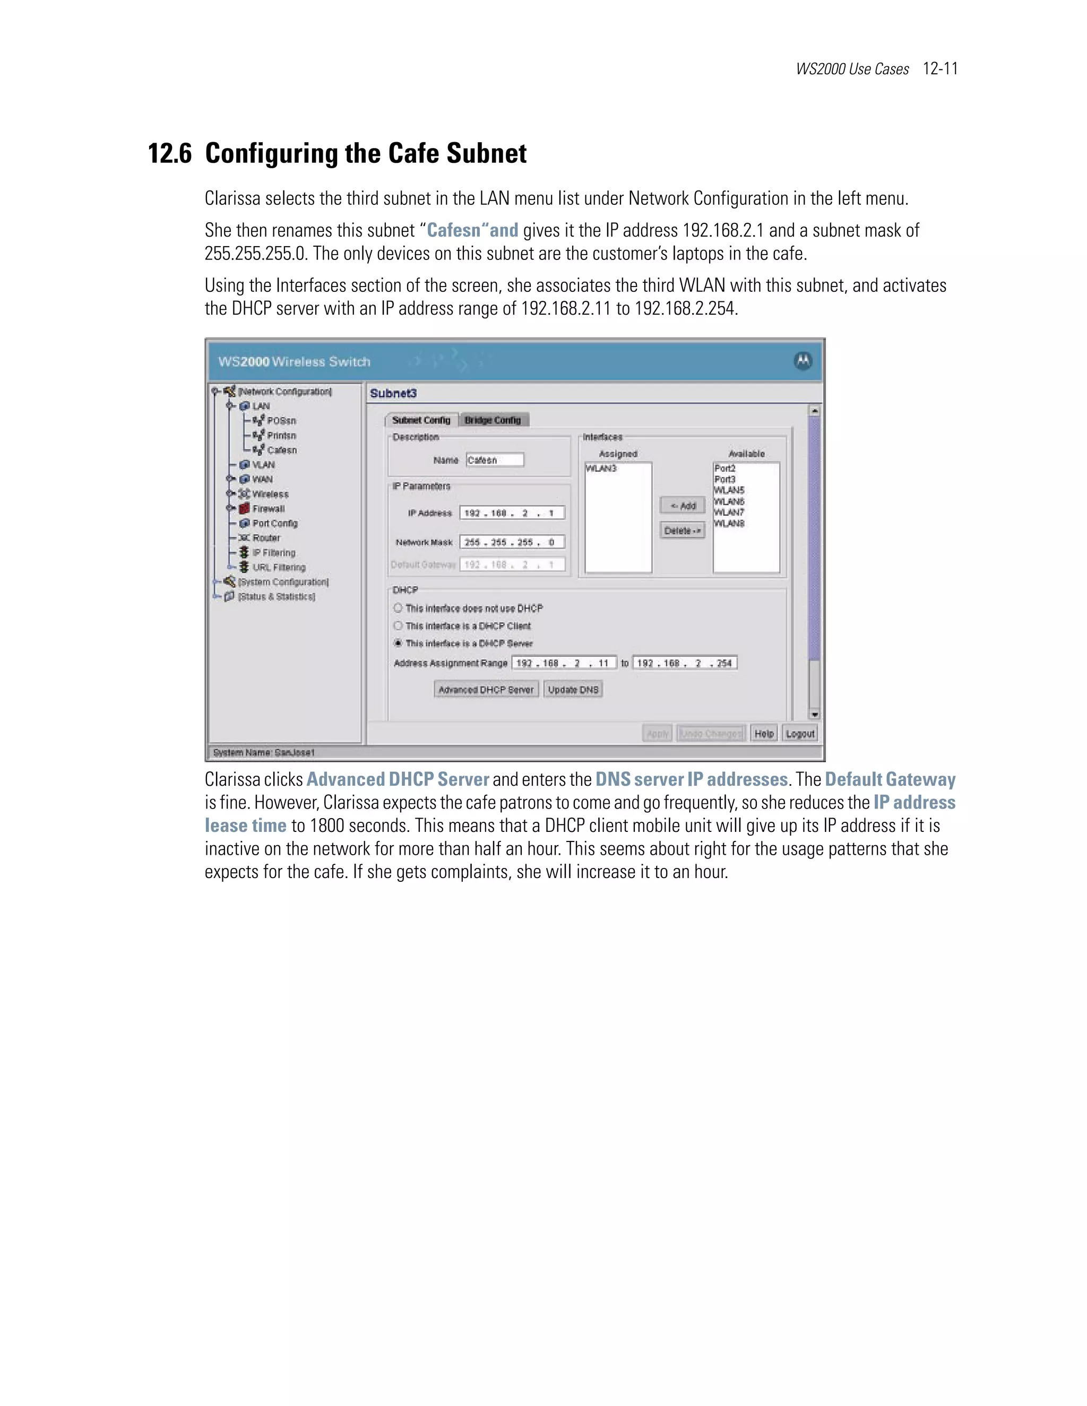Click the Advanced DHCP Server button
tap(486, 690)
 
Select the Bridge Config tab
tap(493, 420)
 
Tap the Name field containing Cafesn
tap(495, 459)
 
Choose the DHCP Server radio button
tap(398, 643)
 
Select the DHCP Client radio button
tap(398, 626)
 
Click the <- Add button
tap(682, 505)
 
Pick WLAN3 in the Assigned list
tap(601, 468)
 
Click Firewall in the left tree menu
tap(268, 509)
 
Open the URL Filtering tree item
tap(278, 567)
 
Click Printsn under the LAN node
tap(281, 435)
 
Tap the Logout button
tap(800, 733)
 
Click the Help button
tap(764, 733)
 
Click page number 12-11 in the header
tap(940, 68)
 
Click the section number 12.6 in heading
tap(170, 154)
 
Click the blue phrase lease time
tap(245, 826)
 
